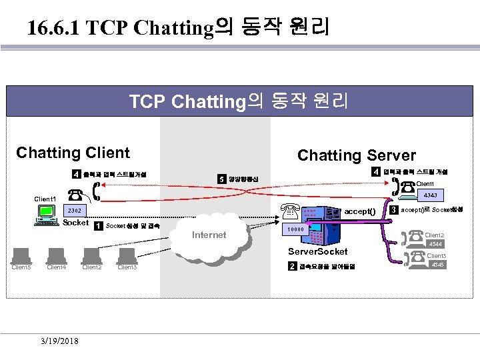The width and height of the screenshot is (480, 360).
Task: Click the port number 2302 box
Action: tap(74, 210)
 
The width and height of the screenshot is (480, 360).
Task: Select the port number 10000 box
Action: tap(295, 229)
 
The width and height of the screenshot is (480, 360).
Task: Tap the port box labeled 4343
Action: tap(429, 196)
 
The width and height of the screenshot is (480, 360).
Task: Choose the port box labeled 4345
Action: tap(437, 265)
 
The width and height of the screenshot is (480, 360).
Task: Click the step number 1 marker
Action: tap(99, 225)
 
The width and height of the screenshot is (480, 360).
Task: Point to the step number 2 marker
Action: tap(292, 267)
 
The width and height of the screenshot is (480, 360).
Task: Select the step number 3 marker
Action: tap(394, 210)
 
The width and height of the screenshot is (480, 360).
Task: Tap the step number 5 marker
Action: tap(221, 179)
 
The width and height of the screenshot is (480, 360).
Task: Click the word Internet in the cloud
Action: tap(209, 235)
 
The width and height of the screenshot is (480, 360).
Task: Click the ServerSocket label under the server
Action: tap(317, 251)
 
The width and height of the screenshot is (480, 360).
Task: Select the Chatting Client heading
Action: tap(73, 153)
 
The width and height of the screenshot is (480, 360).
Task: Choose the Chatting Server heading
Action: tap(356, 155)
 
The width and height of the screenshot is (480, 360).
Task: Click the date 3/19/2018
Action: tap(59, 341)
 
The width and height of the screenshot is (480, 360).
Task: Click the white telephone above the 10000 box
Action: tap(291, 212)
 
